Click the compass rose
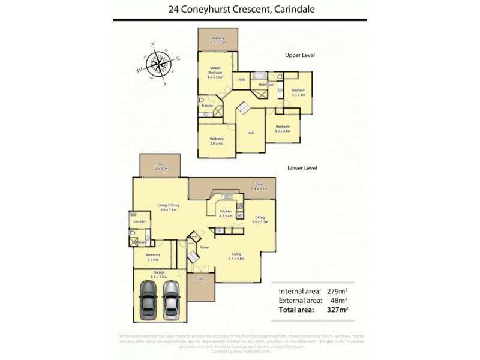tap(158, 63)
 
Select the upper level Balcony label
tap(218, 41)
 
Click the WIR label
tap(242, 80)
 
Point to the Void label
tap(251, 133)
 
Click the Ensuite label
tap(208, 106)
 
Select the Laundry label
tap(140, 221)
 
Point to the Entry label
tap(200, 279)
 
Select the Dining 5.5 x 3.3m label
tap(260, 220)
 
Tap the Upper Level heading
tap(300, 55)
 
